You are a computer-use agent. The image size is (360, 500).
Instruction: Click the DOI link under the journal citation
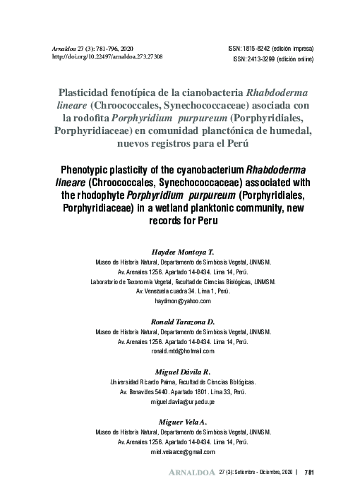(108, 56)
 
